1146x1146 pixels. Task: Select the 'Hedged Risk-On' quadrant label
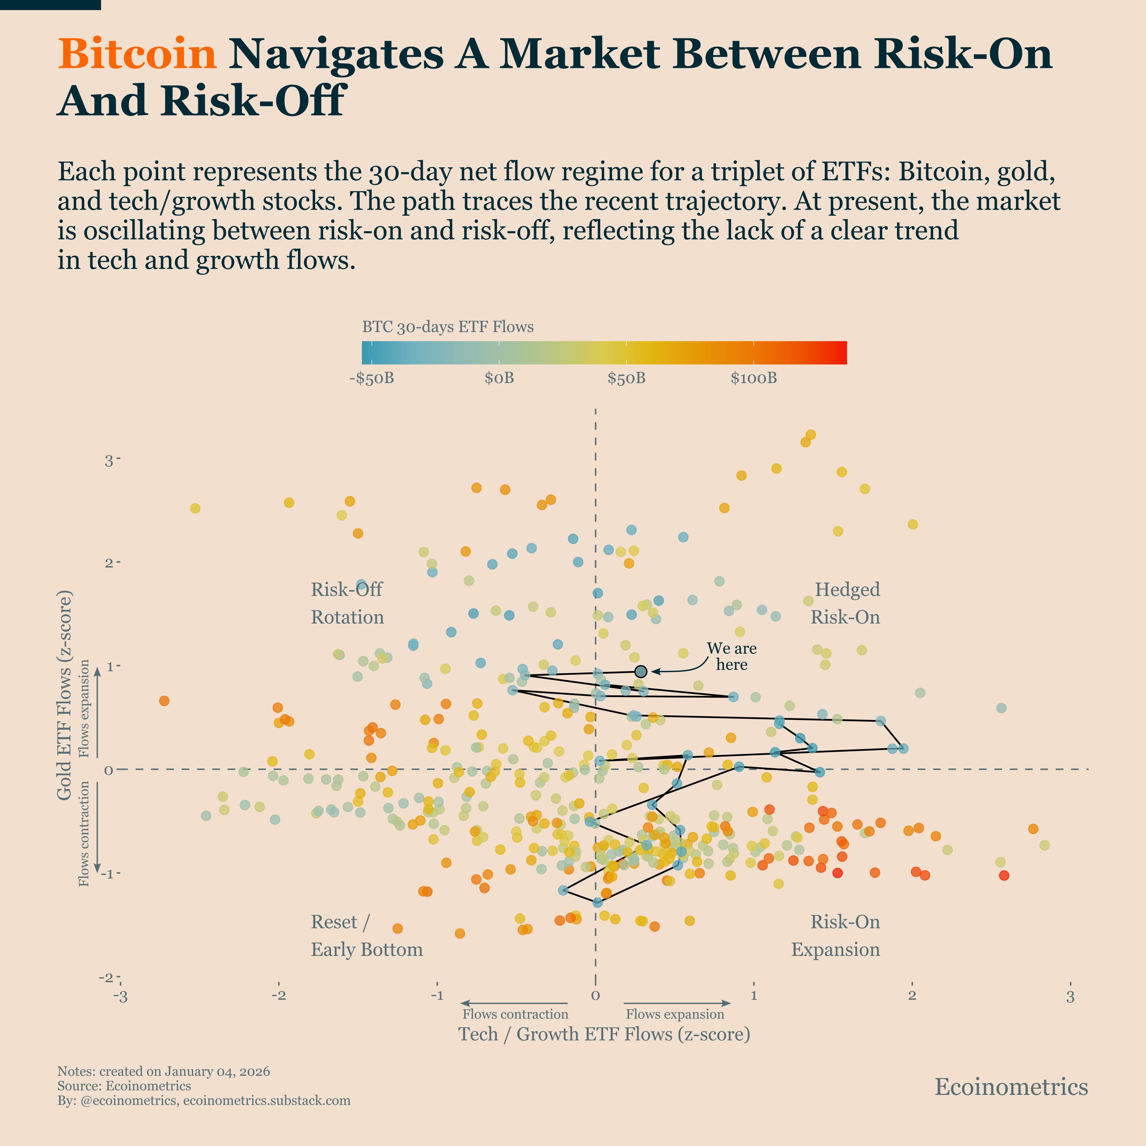[846, 603]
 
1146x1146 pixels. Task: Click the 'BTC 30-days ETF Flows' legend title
[448, 327]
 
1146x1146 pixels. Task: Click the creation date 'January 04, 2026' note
[217, 1071]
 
